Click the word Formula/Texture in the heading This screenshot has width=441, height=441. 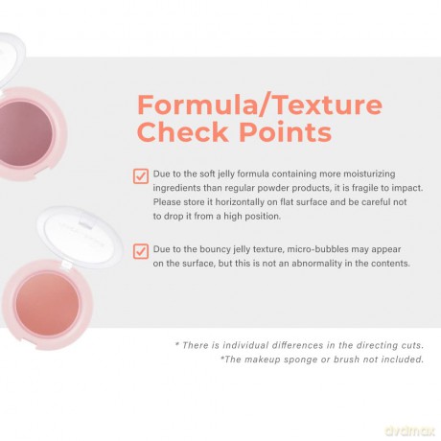260,105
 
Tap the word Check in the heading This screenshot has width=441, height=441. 182,131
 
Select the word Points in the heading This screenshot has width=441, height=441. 286,131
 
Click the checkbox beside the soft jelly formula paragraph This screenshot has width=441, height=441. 141,176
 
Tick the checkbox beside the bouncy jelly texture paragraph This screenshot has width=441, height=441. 141,251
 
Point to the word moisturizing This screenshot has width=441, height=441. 369,174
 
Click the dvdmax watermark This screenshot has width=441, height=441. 410,431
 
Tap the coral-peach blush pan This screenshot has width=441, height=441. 47,304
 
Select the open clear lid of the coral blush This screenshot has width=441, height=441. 81,237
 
